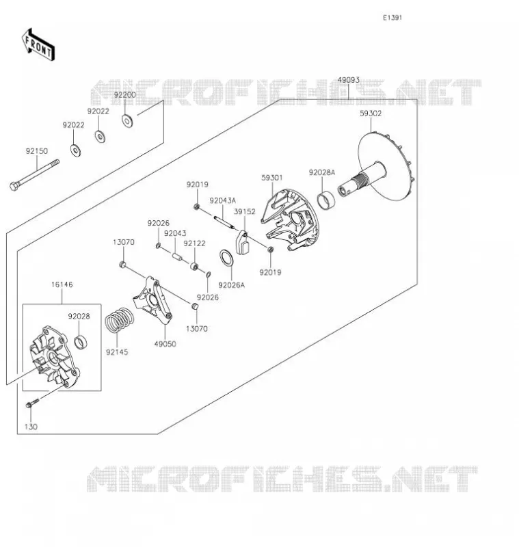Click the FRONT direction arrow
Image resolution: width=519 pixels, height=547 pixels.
coord(38,45)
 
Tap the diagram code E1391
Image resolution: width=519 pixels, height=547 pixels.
coord(392,18)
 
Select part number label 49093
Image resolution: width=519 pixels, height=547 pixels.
coord(349,80)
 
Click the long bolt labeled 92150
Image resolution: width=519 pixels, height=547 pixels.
coord(34,175)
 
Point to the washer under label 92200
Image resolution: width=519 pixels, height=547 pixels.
coord(127,121)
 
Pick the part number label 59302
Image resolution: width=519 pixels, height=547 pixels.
coord(371,114)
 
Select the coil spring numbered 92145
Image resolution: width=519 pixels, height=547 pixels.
coord(120,319)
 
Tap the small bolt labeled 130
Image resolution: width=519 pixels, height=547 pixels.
coord(33,403)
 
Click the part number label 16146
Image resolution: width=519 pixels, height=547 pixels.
coord(62,284)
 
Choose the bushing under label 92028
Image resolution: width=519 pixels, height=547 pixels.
coord(81,343)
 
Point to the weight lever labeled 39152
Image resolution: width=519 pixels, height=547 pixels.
coord(242,243)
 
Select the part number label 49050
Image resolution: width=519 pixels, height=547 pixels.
coord(165,344)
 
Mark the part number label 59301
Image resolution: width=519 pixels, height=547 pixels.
coord(272,178)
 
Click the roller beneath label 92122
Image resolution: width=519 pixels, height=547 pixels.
coord(195,267)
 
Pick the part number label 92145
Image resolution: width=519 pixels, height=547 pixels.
coord(117,352)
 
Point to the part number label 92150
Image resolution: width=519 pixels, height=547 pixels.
coord(37,151)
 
